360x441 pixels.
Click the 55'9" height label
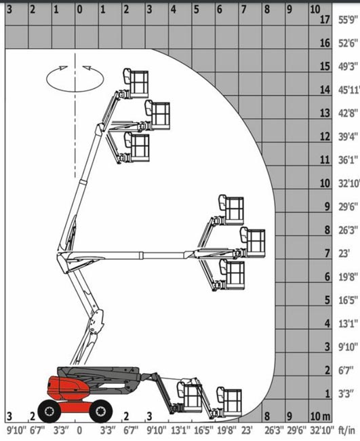[x=348, y=20]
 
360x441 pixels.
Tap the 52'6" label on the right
[x=348, y=43]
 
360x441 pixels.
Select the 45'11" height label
[x=349, y=90]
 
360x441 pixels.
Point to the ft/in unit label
[x=346, y=429]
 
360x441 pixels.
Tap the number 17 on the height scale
[x=325, y=20]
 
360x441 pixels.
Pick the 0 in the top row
[x=79, y=10]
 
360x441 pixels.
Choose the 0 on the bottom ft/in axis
[x=79, y=430]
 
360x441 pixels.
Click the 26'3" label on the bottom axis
[x=275, y=430]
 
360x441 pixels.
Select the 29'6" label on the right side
[x=348, y=207]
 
